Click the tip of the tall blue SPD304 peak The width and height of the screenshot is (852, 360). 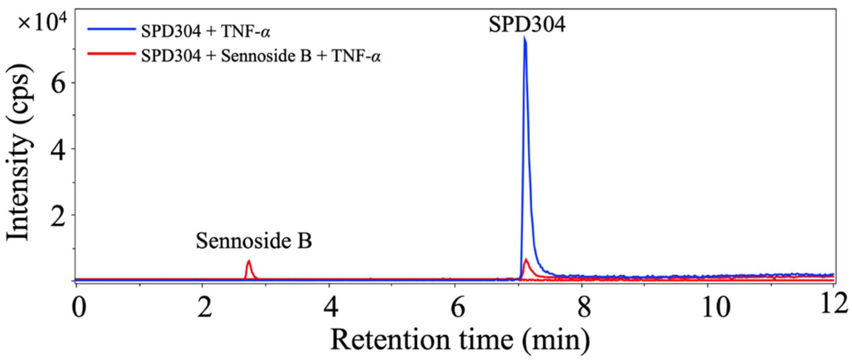(x=524, y=37)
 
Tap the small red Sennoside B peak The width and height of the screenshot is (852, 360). (x=249, y=262)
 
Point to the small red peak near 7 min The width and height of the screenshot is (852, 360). (x=526, y=260)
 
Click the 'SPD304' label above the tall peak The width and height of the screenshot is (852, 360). (x=527, y=25)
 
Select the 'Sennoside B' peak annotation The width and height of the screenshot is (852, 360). (x=254, y=241)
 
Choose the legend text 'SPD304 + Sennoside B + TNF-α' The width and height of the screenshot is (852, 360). (x=261, y=56)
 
